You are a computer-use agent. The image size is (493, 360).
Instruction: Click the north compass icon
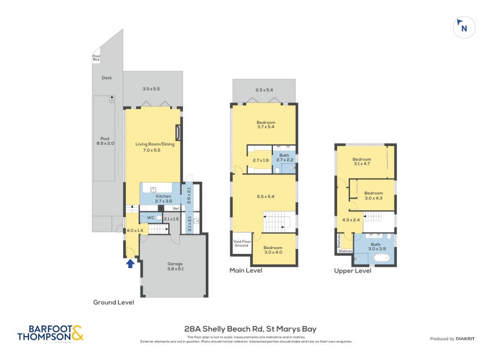pos(464,27)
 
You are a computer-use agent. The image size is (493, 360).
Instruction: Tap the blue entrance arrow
pos(130,264)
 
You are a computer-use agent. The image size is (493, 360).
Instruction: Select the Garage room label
pos(175,266)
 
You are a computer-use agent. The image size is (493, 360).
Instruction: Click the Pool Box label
pos(96,57)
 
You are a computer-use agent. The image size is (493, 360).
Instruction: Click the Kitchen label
pos(163,198)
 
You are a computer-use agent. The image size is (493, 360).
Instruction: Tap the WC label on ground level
pos(150,218)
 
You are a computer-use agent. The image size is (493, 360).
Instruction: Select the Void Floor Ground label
pos(240,243)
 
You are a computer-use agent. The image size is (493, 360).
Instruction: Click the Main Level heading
pos(246,270)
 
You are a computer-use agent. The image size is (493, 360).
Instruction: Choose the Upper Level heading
pos(352,270)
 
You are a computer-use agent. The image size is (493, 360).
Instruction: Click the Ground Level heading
pos(113,302)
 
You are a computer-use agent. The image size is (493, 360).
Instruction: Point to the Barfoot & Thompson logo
pos(50,333)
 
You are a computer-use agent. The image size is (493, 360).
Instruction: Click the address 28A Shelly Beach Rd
pos(250,329)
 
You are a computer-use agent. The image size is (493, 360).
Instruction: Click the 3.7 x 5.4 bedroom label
pos(266,125)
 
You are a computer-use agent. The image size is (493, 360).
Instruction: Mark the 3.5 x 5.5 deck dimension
pos(151,89)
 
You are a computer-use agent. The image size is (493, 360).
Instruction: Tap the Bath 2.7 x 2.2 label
pos(284,158)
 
